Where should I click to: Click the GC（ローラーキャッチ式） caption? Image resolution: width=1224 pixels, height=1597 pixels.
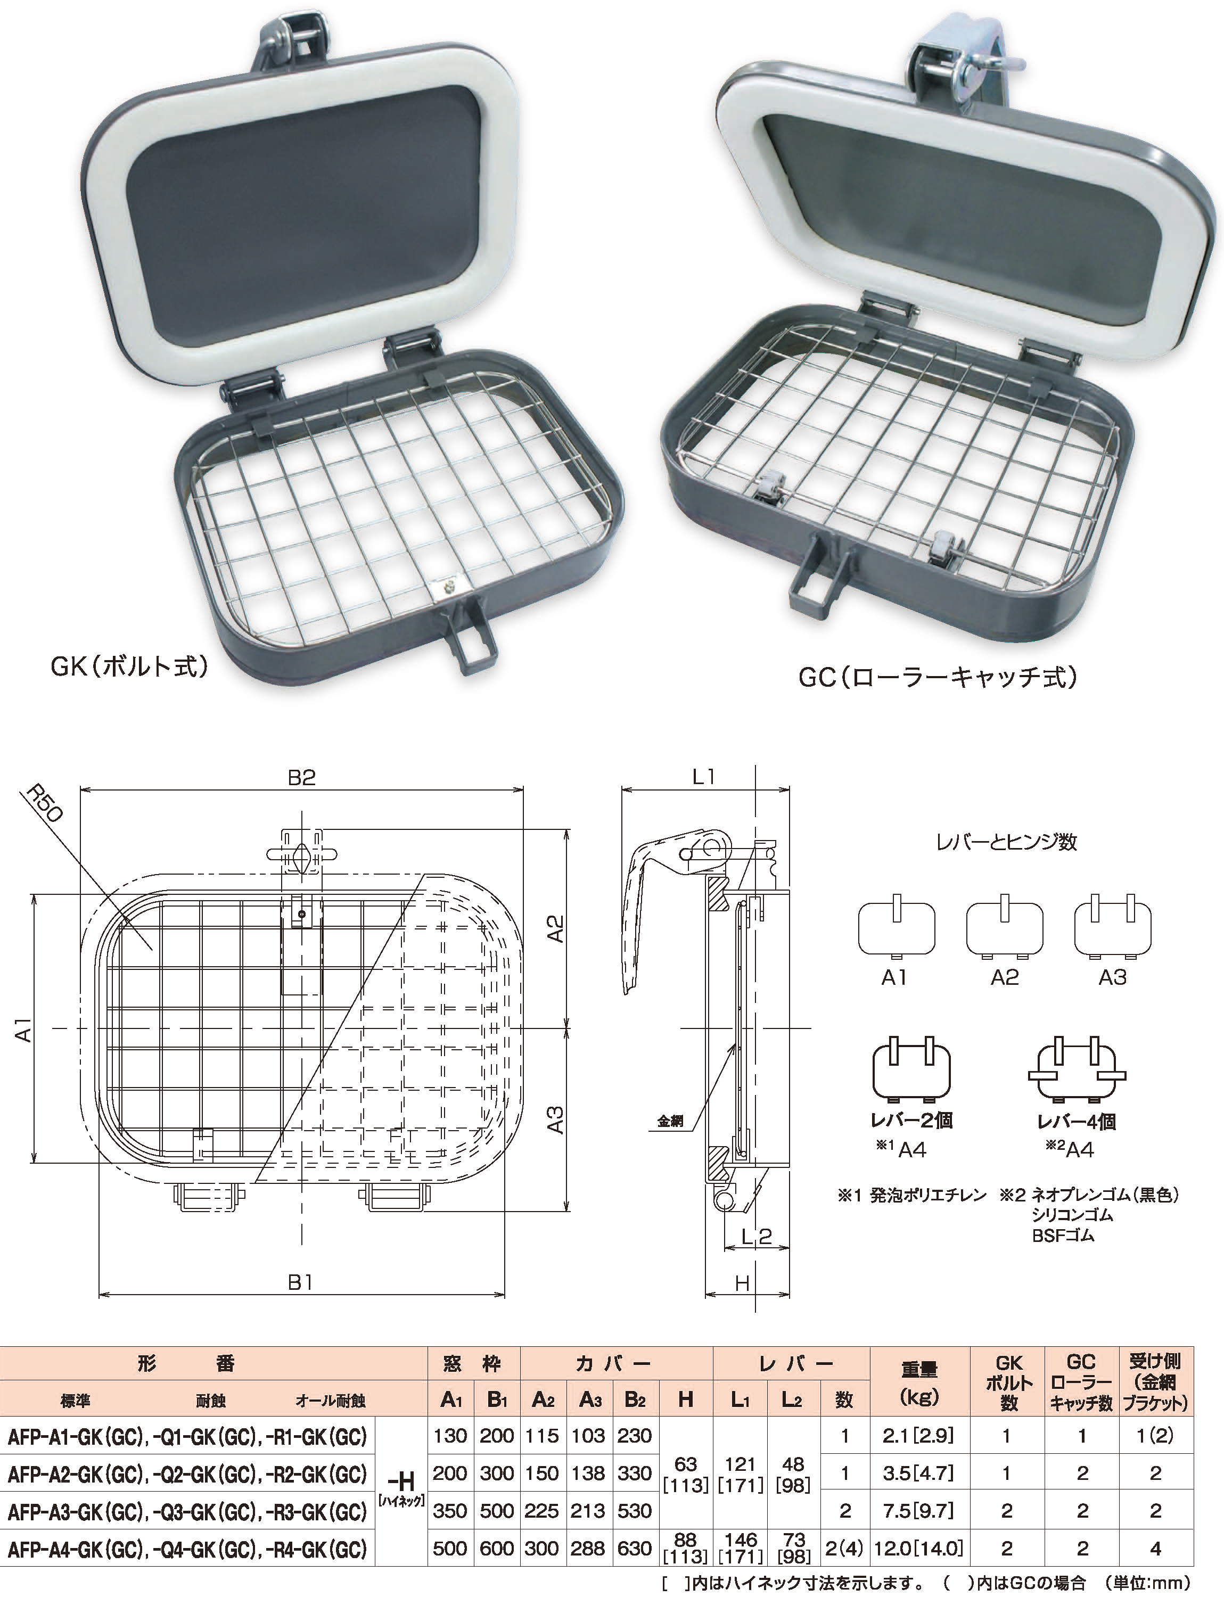(938, 678)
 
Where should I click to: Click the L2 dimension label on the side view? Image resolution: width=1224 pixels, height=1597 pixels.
(756, 1237)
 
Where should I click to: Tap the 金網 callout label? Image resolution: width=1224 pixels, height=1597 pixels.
(670, 1121)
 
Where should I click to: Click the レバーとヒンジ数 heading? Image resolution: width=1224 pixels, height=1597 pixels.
(1006, 842)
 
